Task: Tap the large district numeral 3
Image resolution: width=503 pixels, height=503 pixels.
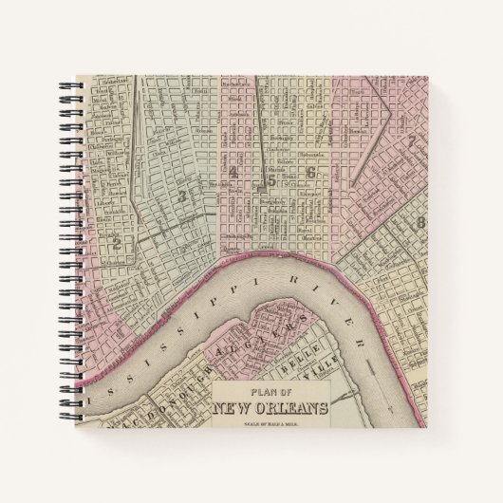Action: coord(181,196)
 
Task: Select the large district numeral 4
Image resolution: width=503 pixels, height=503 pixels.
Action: coord(233,173)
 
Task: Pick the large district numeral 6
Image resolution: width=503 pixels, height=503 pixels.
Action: coord(310,173)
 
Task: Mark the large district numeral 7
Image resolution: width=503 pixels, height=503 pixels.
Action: coord(411,142)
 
